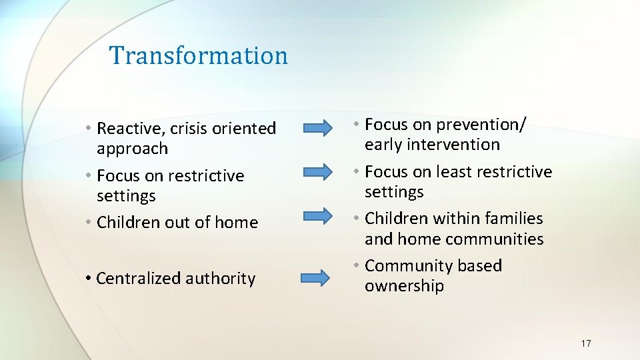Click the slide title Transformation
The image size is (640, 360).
click(199, 55)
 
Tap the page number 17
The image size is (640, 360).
click(585, 343)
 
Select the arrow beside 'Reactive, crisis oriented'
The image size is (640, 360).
click(319, 127)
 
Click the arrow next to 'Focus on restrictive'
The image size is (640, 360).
click(319, 172)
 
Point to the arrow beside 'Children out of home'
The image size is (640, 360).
click(319, 215)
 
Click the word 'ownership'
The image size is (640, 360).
click(404, 287)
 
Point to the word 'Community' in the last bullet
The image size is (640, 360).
click(404, 266)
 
